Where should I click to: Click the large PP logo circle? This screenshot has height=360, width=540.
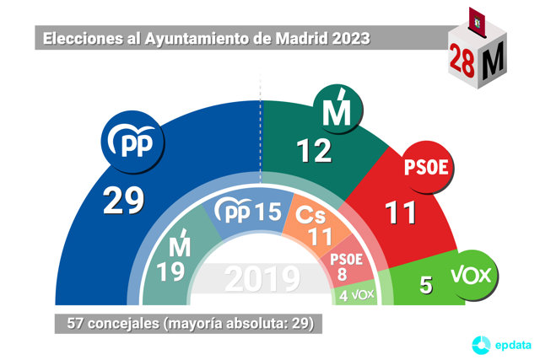[132, 142]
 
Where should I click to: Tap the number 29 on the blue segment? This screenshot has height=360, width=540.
[123, 201]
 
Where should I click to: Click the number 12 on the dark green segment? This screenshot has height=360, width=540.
[314, 151]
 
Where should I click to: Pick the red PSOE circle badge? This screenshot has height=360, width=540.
[427, 167]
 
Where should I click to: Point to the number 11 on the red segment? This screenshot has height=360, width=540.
[400, 212]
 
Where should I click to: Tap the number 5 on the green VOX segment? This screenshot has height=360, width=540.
[426, 285]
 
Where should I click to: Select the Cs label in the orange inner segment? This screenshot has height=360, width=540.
[310, 216]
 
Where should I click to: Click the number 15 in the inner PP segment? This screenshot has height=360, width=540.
[268, 212]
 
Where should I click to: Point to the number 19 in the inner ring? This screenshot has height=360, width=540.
[170, 271]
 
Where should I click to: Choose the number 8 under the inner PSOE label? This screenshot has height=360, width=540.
[342, 274]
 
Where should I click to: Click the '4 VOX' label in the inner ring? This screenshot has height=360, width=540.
[356, 295]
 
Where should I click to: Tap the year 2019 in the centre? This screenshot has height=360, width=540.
[262, 279]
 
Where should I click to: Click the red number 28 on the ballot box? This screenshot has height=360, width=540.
[462, 61]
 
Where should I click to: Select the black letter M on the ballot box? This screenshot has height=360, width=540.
[493, 60]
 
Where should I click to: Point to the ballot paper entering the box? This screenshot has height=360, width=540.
[478, 22]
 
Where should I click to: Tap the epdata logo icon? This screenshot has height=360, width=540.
[481, 345]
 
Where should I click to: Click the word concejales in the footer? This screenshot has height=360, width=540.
[123, 324]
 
